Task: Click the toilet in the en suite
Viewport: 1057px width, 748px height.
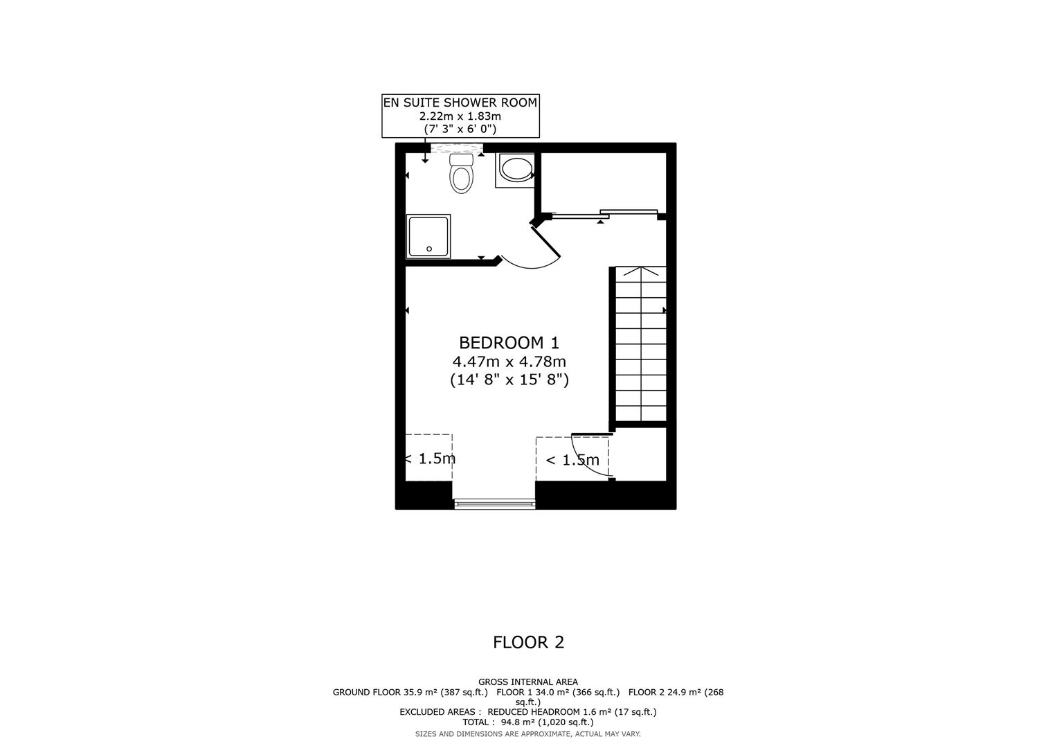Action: point(461,174)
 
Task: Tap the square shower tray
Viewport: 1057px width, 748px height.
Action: point(428,236)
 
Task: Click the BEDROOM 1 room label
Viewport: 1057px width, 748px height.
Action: point(509,342)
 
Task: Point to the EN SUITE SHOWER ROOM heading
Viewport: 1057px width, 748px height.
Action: point(460,103)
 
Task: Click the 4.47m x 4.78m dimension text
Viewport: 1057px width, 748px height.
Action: point(509,362)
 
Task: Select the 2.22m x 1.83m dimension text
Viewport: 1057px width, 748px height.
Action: point(460,116)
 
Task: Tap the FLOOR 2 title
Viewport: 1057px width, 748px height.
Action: point(528,642)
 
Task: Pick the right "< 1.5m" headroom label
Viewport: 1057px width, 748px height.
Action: point(572,460)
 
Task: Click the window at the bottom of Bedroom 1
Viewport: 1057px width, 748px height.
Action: point(494,504)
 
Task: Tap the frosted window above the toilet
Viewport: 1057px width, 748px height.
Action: point(456,148)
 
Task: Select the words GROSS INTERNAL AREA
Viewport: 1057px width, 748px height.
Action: point(527,682)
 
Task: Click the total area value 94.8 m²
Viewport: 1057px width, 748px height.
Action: point(517,722)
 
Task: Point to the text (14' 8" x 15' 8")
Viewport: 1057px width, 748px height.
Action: point(509,380)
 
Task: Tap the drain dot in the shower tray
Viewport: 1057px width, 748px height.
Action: point(429,249)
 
